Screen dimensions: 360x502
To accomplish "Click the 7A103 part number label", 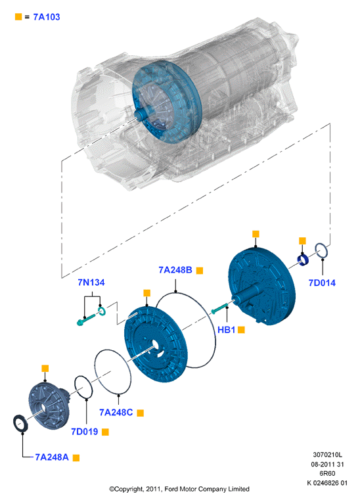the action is pyautogui.click(x=47, y=17).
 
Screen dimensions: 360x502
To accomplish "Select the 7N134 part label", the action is pyautogui.click(x=91, y=283).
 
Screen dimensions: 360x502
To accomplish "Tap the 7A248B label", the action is pyautogui.click(x=175, y=270).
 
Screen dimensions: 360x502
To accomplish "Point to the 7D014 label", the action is pyautogui.click(x=322, y=283).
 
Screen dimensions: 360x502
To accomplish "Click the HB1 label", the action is pyautogui.click(x=226, y=329).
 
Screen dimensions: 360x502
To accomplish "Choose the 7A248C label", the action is pyautogui.click(x=116, y=413).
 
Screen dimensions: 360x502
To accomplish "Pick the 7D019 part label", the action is pyautogui.click(x=85, y=432).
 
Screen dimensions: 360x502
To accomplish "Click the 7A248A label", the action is pyautogui.click(x=52, y=457).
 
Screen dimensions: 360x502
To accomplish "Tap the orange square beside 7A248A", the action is pyautogui.click(x=76, y=458).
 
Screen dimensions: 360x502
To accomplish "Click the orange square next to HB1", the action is pyautogui.click(x=241, y=330).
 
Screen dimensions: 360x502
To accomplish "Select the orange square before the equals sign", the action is pyautogui.click(x=18, y=16).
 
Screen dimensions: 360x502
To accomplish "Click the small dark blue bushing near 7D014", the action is pyautogui.click(x=303, y=260).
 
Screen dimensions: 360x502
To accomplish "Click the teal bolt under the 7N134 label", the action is pyautogui.click(x=86, y=319).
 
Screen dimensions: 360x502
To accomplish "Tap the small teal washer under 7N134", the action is pyautogui.click(x=102, y=311).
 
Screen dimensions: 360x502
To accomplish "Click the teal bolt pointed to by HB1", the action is pyautogui.click(x=219, y=308).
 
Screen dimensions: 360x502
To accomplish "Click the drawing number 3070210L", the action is pyautogui.click(x=327, y=454).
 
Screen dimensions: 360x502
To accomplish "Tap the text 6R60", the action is pyautogui.click(x=327, y=473).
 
